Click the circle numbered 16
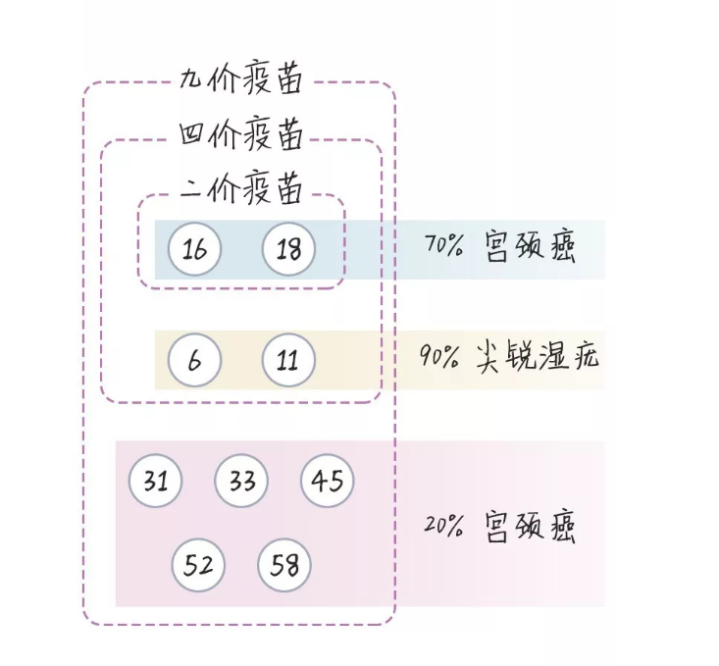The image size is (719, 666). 195,249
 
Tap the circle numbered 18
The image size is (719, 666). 288,249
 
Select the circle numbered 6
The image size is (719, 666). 194,360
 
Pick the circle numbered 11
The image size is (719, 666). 288,360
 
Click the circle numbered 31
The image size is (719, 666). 156,482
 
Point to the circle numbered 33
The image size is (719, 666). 241,482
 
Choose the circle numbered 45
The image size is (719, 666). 328,482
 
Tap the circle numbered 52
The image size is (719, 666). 198,565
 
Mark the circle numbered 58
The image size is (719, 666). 284,565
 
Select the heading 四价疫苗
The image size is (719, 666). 240,134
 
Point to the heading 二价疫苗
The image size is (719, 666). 240,188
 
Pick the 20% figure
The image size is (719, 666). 443,527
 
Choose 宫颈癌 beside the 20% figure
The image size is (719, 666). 531,527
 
